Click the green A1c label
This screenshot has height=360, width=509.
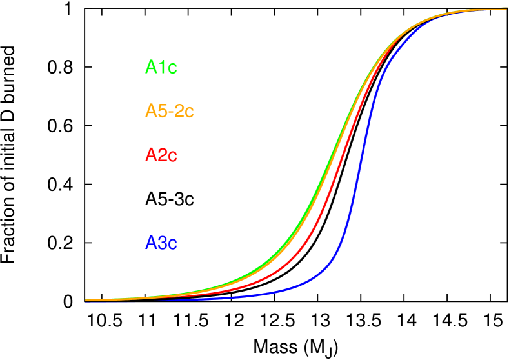(x=161, y=67)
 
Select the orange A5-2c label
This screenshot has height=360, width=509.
(x=169, y=111)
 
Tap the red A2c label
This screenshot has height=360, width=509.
(x=161, y=155)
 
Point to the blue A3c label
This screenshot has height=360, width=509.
(x=161, y=243)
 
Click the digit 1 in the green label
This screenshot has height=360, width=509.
(x=161, y=67)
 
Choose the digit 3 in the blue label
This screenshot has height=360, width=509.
(x=161, y=243)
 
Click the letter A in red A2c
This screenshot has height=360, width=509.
(x=151, y=155)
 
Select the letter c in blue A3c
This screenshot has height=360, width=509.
(x=172, y=245)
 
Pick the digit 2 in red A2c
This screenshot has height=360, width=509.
(x=161, y=155)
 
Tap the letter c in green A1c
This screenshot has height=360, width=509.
(x=172, y=68)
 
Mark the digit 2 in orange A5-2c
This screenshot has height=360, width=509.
(x=179, y=111)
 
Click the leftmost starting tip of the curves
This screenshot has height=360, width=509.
(x=86, y=300)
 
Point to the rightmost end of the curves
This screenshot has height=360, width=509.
(x=506, y=9)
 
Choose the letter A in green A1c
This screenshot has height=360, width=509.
(x=151, y=67)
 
